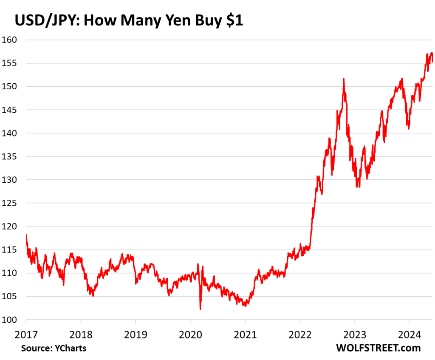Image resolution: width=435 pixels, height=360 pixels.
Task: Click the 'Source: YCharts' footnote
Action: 54,348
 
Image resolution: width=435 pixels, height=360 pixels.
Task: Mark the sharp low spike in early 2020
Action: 200,309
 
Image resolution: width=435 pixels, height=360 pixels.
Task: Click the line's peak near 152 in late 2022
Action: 343,79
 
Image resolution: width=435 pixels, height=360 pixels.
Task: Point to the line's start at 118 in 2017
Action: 26,235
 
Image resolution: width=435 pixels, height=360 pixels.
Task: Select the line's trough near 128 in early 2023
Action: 358,187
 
